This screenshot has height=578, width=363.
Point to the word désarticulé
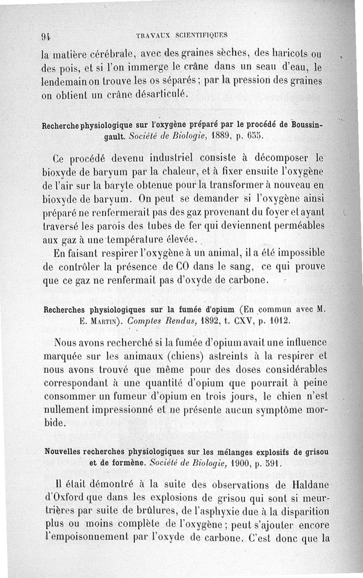pyautogui.click(x=160, y=94)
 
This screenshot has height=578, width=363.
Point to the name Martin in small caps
pyautogui.click(x=104, y=321)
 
